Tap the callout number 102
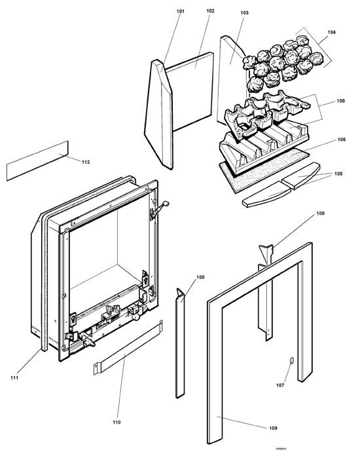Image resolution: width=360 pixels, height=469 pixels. [210, 11]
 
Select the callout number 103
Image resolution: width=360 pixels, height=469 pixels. [245, 13]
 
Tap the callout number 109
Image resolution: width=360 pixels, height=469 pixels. [272, 428]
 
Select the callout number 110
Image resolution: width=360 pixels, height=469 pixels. [117, 422]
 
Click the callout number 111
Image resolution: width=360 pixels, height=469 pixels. [14, 378]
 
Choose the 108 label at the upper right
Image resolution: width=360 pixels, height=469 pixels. [320, 214]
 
